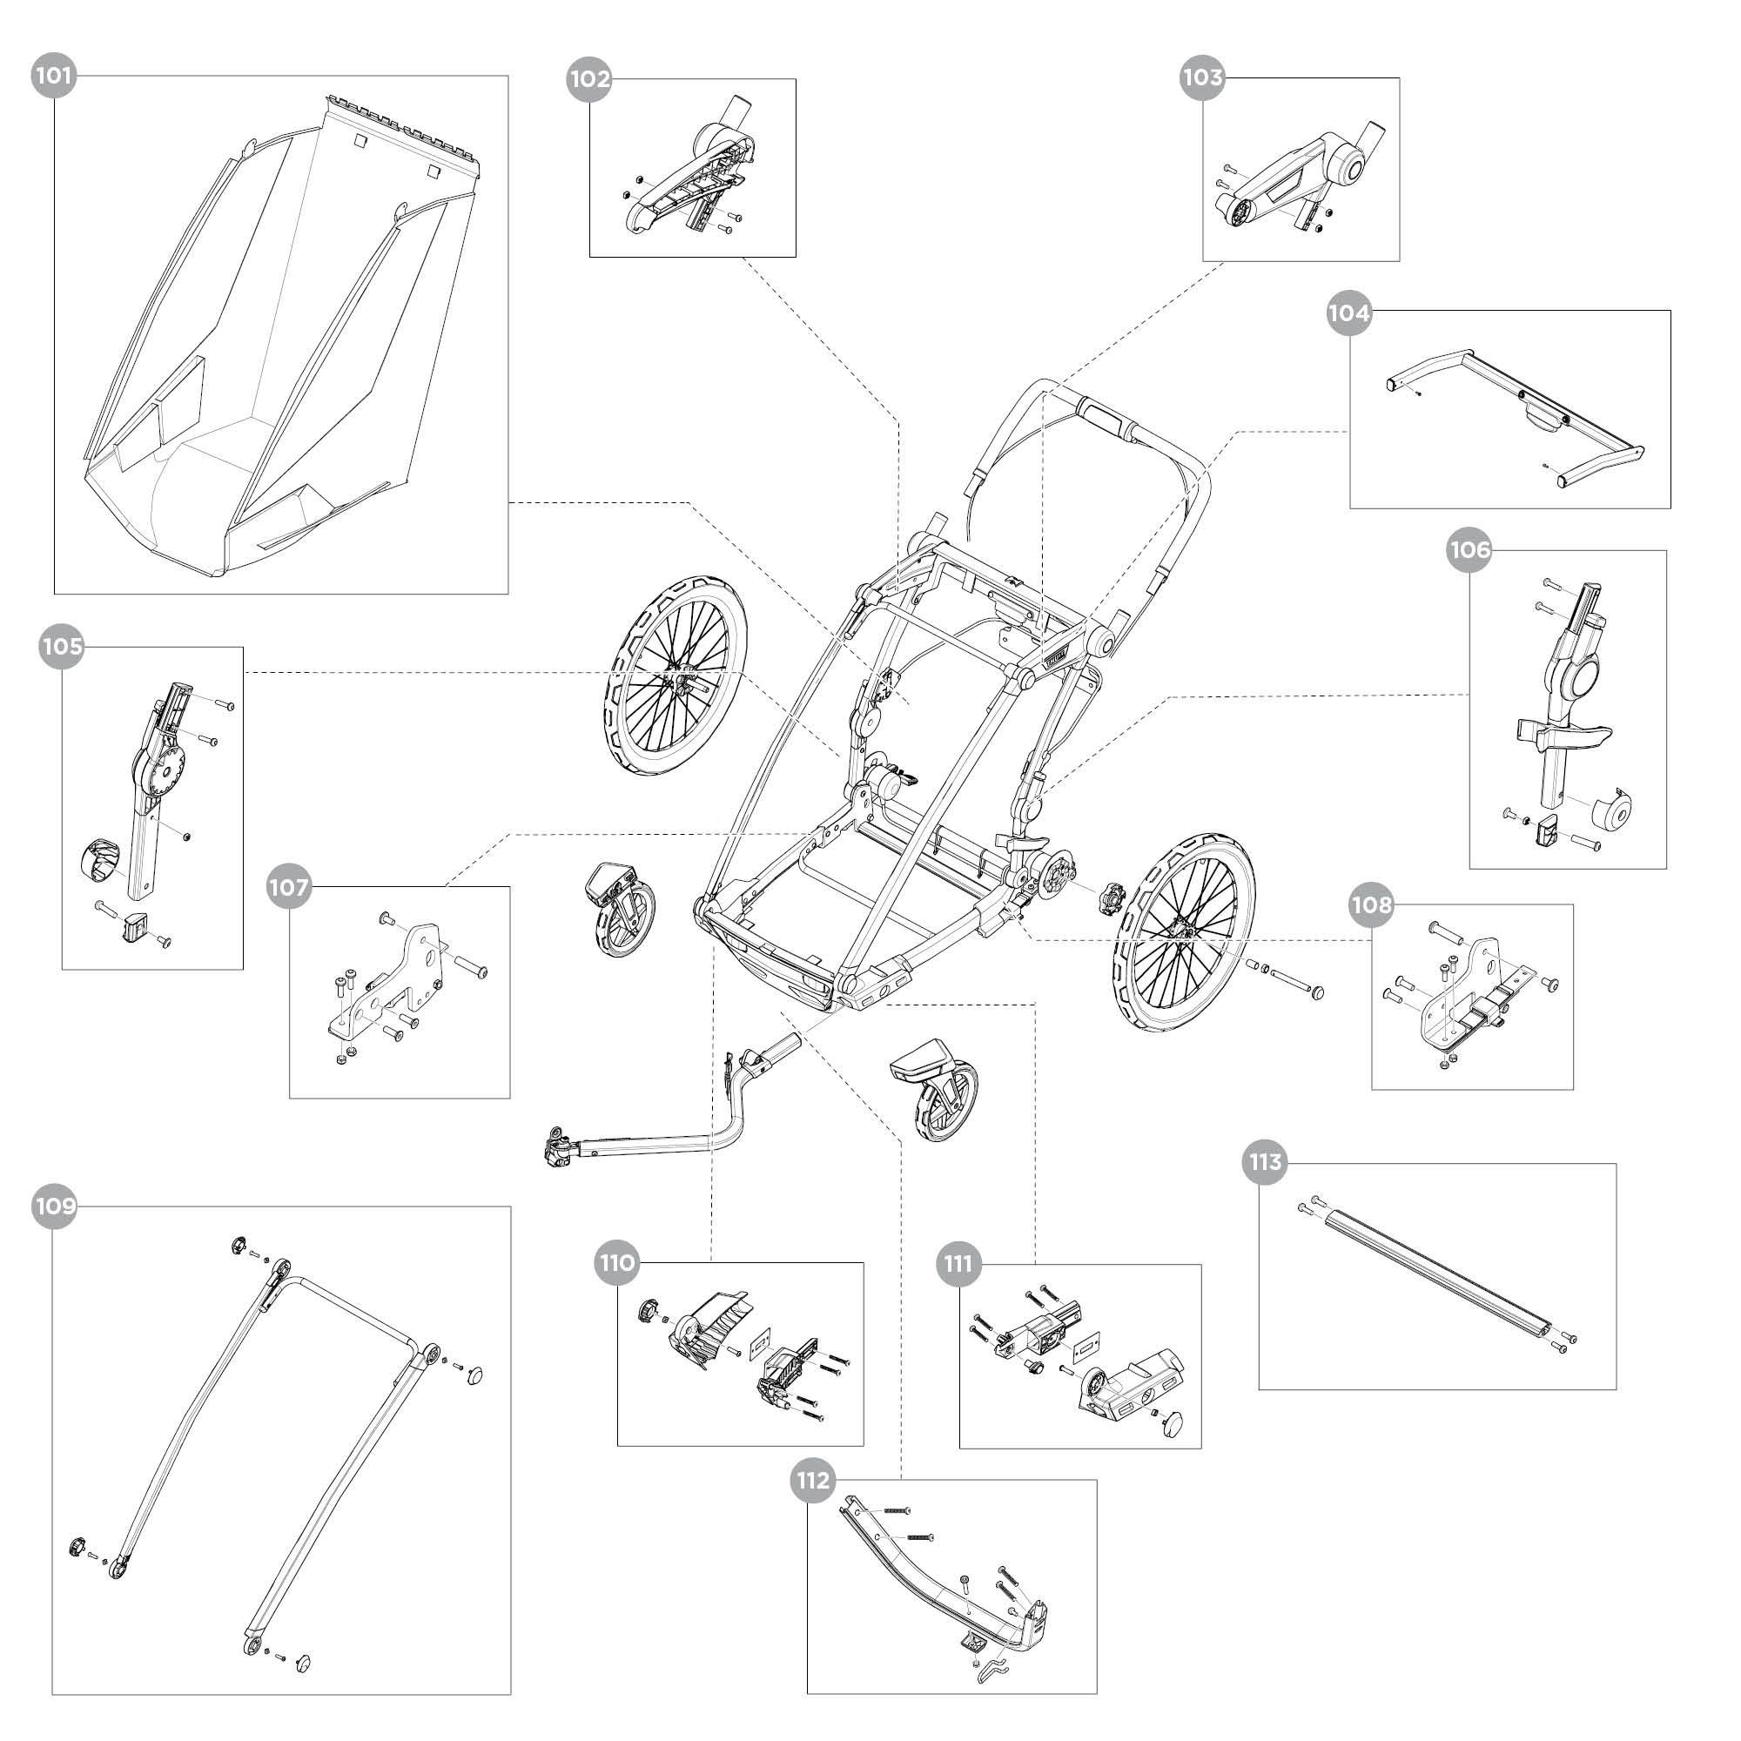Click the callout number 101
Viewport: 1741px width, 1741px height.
pos(54,76)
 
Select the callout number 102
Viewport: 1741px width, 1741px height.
pos(588,79)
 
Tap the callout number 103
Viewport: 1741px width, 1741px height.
pos(1202,77)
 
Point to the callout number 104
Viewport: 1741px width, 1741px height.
pos(1348,313)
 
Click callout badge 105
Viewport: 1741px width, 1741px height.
pos(61,646)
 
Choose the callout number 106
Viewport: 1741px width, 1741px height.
pos(1469,549)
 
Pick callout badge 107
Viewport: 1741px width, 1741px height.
pos(288,888)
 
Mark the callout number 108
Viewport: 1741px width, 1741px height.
pos(1372,904)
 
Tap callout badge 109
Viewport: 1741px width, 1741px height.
pos(54,1207)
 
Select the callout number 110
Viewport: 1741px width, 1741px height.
pos(617,1262)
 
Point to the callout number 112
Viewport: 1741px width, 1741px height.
pos(813,1481)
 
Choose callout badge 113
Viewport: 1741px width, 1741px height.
pos(1265,1162)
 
